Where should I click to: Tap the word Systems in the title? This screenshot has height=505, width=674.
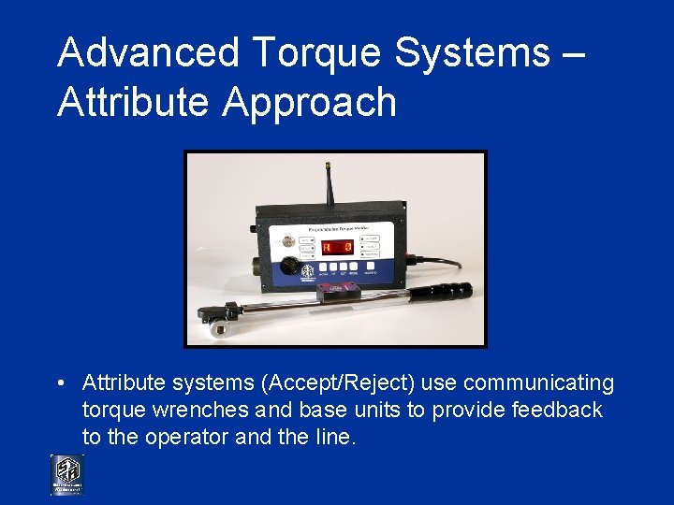tap(472, 53)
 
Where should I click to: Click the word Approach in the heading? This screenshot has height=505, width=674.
tap(310, 101)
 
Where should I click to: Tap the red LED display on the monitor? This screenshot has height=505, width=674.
tap(336, 248)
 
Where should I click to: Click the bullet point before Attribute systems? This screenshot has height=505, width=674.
tap(59, 383)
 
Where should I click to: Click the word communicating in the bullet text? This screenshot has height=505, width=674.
tap(538, 383)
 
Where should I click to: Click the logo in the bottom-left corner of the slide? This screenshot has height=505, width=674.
tap(66, 475)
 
